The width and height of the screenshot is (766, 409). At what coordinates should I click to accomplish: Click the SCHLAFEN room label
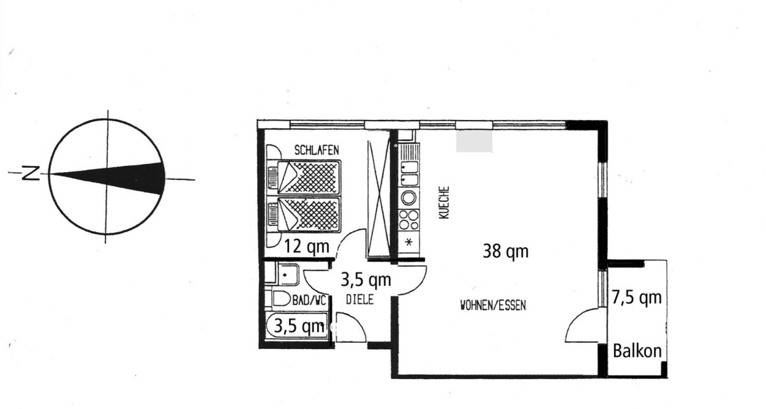click(x=316, y=150)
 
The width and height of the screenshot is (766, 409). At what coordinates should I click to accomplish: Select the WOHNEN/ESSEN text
click(x=493, y=305)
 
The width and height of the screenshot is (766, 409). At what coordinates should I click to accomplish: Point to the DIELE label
click(x=360, y=299)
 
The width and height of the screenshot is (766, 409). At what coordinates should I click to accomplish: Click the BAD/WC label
click(x=309, y=300)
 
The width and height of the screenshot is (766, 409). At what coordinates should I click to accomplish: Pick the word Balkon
click(x=637, y=351)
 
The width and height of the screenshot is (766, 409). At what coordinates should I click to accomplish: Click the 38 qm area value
click(x=506, y=251)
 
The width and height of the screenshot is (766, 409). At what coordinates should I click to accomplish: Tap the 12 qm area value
click(x=306, y=246)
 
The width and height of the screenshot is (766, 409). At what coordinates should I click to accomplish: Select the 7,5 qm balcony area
click(x=636, y=298)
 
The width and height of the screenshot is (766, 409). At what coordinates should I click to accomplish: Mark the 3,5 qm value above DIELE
click(x=365, y=280)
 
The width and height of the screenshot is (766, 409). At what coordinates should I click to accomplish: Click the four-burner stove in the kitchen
click(x=408, y=219)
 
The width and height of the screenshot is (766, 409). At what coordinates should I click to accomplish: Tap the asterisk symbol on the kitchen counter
click(x=409, y=242)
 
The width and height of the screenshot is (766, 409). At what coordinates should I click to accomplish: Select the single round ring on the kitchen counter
click(x=408, y=198)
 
